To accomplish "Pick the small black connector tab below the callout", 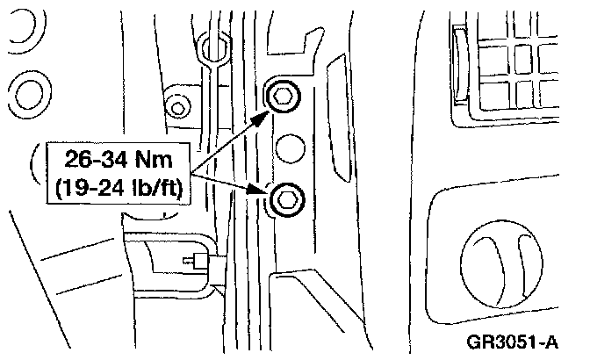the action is click(191, 260).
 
